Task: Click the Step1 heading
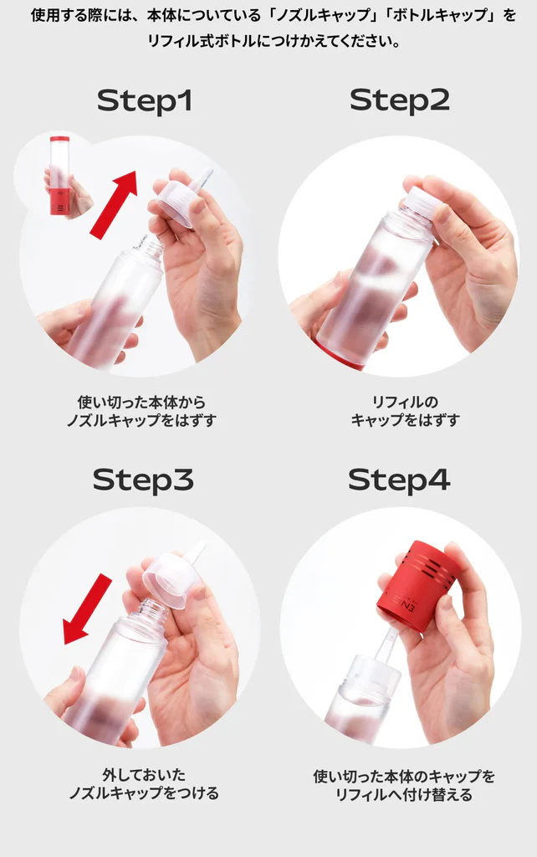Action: click(x=145, y=100)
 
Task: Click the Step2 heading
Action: click(x=399, y=100)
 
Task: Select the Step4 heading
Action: click(x=399, y=480)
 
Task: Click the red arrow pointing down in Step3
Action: click(x=87, y=608)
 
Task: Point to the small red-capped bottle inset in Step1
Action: click(x=59, y=177)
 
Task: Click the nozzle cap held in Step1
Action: click(x=180, y=202)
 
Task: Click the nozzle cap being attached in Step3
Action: click(x=172, y=577)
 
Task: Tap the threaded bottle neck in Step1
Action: click(x=149, y=246)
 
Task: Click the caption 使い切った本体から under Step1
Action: click(x=141, y=402)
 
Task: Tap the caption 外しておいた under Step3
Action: click(x=143, y=775)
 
